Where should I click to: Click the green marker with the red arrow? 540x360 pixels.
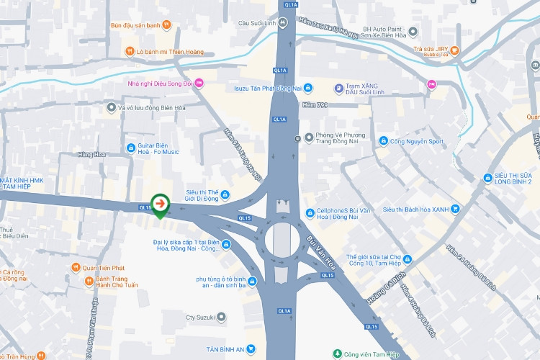click(159, 205)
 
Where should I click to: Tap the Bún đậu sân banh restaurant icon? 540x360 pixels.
click(166, 25)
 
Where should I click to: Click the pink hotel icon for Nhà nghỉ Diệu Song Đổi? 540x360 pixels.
click(199, 84)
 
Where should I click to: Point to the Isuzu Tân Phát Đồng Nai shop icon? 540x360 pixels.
click(308, 88)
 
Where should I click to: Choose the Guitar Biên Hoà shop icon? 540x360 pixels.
click(130, 148)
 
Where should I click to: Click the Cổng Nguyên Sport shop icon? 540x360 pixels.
click(384, 141)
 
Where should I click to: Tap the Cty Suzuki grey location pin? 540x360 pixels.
click(221, 316)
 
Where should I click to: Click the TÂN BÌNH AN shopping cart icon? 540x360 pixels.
click(251, 349)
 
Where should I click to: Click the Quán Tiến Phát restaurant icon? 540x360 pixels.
click(76, 268)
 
